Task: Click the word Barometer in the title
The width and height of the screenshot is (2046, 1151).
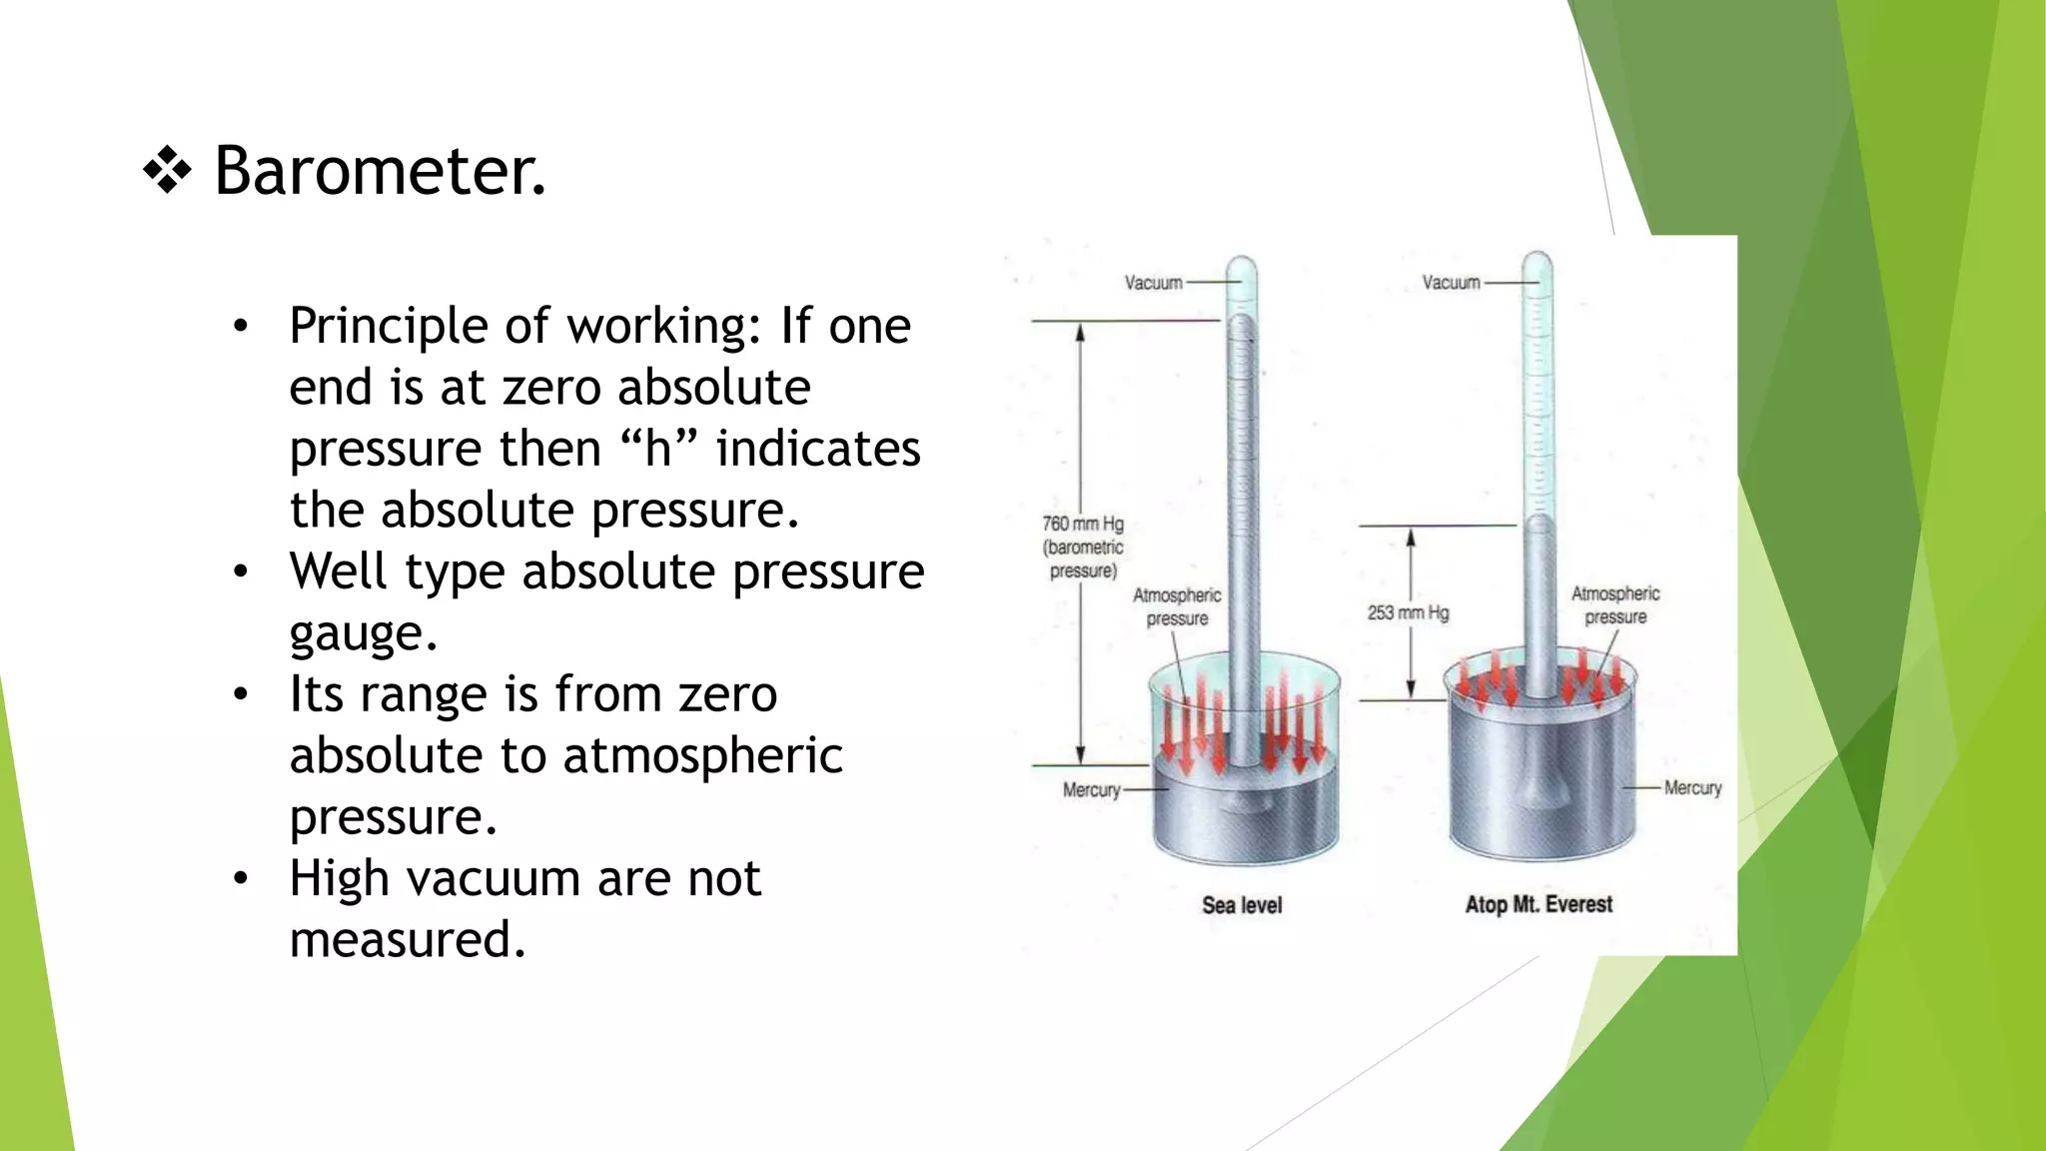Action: pos(380,171)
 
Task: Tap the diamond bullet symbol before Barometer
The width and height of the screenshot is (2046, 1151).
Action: pos(167,171)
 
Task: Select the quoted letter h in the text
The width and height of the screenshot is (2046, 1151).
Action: pos(657,449)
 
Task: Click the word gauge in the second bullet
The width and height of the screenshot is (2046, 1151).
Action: pos(363,633)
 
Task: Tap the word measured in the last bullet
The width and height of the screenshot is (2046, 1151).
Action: pos(407,940)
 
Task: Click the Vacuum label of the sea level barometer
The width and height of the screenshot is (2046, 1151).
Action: pos(1153,283)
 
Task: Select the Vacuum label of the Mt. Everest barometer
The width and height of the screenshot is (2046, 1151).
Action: pos(1451,283)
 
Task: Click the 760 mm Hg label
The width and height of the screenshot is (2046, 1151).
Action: pos(1083,524)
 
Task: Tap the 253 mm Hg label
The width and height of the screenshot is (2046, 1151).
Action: pos(1408,612)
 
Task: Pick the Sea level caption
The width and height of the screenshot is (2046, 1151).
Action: pos(1242,905)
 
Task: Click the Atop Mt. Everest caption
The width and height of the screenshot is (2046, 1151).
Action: pos(1538,904)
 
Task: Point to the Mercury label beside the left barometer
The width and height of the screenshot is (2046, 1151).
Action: pos(1091,790)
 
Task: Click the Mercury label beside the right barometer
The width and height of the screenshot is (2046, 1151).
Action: pos(1692,788)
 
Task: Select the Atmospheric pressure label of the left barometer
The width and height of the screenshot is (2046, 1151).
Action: pos(1177,606)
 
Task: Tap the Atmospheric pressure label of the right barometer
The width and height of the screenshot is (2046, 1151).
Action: pos(1615,604)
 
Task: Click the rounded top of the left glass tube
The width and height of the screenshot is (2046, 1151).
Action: pos(1242,266)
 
